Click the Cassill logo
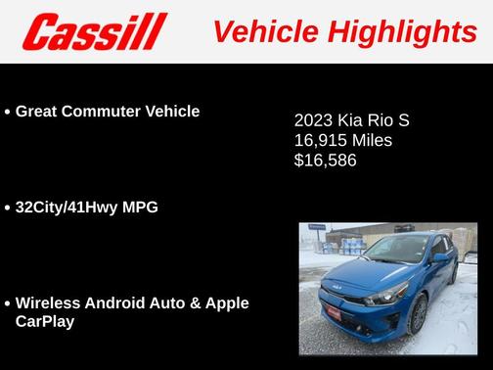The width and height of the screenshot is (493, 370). [x=95, y=32]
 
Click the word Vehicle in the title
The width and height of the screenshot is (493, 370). [x=267, y=32]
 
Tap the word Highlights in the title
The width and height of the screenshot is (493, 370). [x=403, y=32]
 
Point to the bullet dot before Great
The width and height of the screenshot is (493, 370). [x=8, y=113]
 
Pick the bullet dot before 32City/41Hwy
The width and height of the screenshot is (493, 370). [x=8, y=208]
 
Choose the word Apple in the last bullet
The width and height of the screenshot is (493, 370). [x=226, y=302]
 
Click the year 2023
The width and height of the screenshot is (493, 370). [x=314, y=121]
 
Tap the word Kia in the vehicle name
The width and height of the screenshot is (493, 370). [x=354, y=121]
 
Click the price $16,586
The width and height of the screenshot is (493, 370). [x=326, y=160]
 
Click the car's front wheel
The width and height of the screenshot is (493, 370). [x=419, y=312]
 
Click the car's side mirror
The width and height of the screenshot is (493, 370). [x=442, y=257]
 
